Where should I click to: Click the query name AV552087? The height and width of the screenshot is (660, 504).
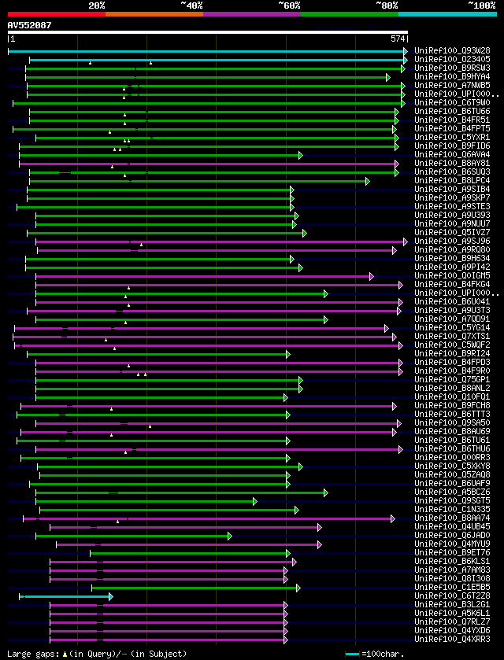tap(29, 25)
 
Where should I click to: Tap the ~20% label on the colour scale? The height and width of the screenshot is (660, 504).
tap(97, 5)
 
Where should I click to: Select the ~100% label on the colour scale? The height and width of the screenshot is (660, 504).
tap(480, 5)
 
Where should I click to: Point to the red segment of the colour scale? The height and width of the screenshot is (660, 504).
tap(55, 13)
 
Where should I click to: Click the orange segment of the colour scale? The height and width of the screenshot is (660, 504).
tap(154, 13)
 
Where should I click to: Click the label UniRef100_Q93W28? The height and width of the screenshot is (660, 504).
tap(446, 51)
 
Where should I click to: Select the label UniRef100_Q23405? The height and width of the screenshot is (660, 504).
tap(446, 60)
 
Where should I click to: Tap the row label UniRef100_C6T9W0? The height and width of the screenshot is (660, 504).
tap(446, 103)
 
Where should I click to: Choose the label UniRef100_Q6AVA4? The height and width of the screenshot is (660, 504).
tap(446, 155)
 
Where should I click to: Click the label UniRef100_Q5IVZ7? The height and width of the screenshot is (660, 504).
tap(446, 233)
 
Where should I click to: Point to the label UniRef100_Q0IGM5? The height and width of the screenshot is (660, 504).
tap(446, 276)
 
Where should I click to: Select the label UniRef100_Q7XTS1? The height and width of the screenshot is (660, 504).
tap(446, 337)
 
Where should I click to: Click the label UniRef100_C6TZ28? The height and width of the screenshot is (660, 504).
tap(446, 596)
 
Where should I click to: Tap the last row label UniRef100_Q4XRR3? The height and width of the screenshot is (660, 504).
tap(446, 640)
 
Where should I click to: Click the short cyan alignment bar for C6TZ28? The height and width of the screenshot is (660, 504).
tap(66, 596)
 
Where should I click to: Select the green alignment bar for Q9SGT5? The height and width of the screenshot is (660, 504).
tap(146, 501)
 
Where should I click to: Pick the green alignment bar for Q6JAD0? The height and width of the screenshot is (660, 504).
tap(133, 536)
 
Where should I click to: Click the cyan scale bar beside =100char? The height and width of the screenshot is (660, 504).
tap(352, 654)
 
